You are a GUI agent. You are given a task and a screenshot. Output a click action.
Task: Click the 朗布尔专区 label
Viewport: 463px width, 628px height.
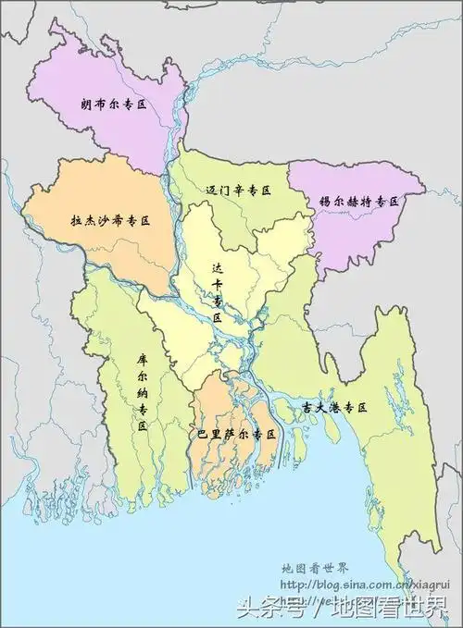pyautogui.click(x=114, y=105)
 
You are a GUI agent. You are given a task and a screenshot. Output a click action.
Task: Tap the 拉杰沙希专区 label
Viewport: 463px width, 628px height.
pyautogui.click(x=110, y=221)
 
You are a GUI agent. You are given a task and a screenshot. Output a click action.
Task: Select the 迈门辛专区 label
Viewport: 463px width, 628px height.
pyautogui.click(x=238, y=190)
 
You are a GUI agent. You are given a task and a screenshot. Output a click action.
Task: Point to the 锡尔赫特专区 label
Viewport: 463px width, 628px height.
pyautogui.click(x=365, y=201)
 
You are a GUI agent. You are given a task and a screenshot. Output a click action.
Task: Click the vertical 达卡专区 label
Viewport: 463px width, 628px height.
pyautogui.click(x=218, y=292)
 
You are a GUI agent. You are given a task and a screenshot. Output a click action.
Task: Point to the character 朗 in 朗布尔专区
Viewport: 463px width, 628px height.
pyautogui.click(x=85, y=105)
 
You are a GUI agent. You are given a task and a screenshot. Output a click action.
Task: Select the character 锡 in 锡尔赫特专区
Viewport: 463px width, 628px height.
pyautogui.click(x=323, y=201)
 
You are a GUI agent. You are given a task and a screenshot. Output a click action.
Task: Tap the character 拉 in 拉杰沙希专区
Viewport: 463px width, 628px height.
pyautogui.click(x=76, y=221)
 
